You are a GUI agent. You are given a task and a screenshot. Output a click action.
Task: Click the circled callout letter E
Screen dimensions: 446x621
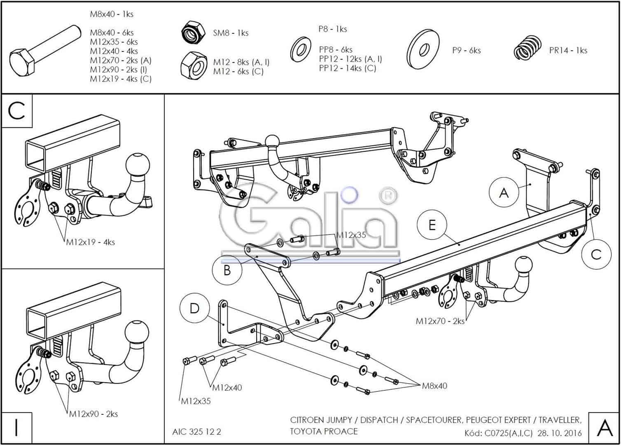click(432, 225)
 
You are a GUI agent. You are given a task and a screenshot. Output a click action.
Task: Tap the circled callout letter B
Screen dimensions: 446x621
click(227, 271)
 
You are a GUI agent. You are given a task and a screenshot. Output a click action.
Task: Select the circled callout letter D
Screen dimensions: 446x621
click(194, 308)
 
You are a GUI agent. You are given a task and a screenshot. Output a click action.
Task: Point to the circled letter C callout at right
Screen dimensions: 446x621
click(596, 255)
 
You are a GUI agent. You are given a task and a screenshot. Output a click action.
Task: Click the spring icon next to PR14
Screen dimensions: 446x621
click(527, 49)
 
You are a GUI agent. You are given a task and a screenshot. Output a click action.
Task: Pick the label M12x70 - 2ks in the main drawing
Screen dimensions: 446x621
click(440, 321)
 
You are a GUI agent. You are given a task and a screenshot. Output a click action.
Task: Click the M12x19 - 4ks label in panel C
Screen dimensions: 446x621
click(91, 242)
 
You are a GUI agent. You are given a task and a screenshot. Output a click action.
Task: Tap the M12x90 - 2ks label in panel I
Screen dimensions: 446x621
click(93, 414)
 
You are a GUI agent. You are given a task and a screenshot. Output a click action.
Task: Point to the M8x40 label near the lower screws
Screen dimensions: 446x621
click(434, 386)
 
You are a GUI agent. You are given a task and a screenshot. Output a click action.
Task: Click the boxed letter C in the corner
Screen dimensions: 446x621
click(17, 110)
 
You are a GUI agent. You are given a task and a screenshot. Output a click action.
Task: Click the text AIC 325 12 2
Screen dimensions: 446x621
click(197, 432)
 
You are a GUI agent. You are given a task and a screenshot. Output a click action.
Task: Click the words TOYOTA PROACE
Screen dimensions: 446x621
click(324, 431)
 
